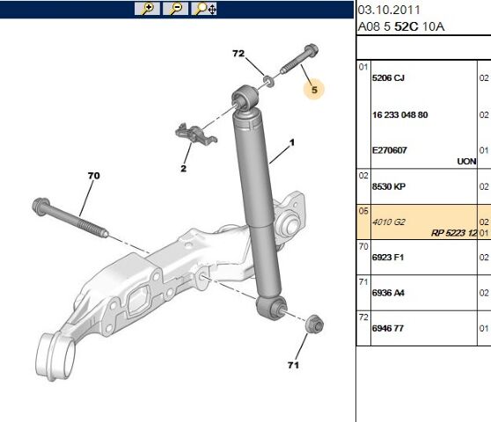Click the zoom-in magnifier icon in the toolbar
[x=146, y=9]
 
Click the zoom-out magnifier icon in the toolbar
[x=175, y=9]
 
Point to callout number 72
[x=238, y=55]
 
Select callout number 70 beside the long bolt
[x=93, y=176]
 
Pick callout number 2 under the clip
[x=185, y=168]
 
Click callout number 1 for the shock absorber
[x=292, y=142]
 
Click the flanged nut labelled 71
[x=311, y=327]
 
